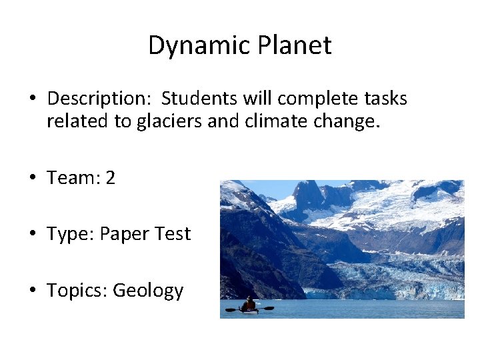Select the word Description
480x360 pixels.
tap(99, 99)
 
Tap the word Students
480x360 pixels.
tap(193, 99)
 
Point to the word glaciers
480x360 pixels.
tap(169, 122)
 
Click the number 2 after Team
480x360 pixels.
tap(110, 178)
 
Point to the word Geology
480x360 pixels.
tap(148, 291)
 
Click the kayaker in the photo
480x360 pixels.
tap(249, 305)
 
